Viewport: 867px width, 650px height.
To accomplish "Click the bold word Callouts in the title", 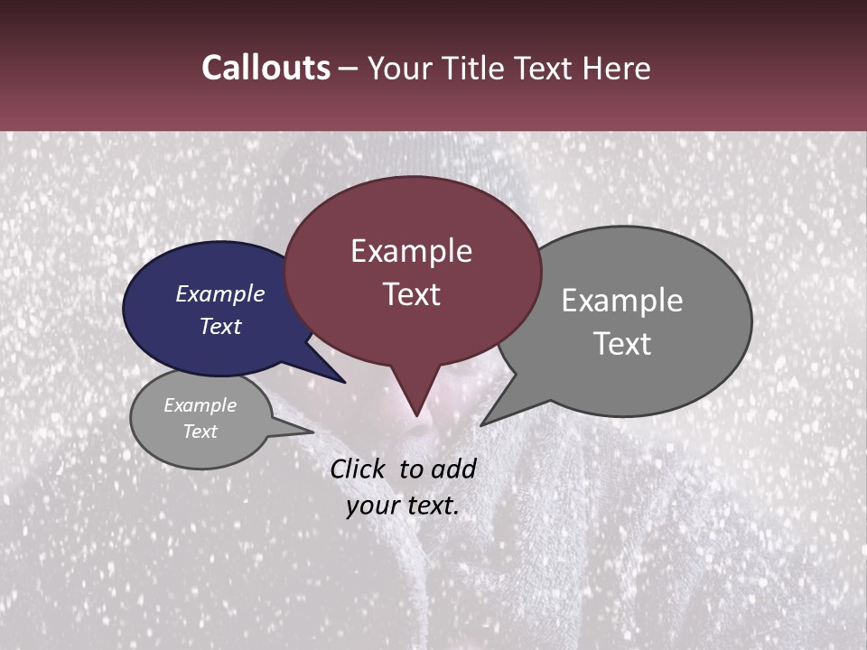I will [x=266, y=68].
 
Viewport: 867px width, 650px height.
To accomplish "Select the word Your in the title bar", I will [x=396, y=68].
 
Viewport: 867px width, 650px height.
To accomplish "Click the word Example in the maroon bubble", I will [x=411, y=251].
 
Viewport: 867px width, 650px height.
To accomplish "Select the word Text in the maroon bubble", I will [x=411, y=294].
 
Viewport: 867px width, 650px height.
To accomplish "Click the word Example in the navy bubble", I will [x=219, y=293].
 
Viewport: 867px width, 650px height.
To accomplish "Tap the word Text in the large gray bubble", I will [x=622, y=344].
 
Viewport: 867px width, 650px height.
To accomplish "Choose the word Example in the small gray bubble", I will [x=200, y=405].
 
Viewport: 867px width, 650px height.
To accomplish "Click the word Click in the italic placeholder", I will [x=360, y=469].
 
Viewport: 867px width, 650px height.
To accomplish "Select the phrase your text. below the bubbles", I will [x=403, y=506].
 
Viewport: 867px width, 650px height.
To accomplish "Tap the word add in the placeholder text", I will [x=453, y=469].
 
